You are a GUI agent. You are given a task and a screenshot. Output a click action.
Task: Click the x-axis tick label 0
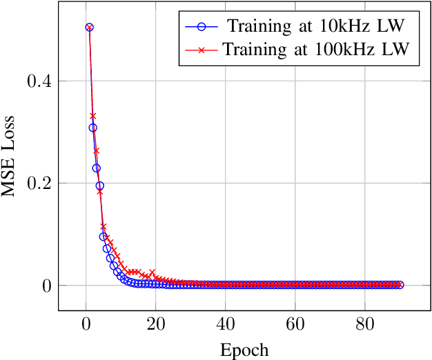click(86, 326)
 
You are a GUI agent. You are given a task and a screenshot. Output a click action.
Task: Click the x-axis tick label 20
click(155, 326)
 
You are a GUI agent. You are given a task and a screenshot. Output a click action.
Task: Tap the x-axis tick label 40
click(225, 326)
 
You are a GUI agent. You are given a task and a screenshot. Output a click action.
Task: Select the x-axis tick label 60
click(295, 326)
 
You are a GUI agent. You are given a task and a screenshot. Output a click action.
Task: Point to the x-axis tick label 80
click(364, 326)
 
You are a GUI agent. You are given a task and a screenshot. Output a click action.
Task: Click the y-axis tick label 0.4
click(38, 81)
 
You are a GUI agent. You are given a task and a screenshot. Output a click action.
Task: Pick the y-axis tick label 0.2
click(38, 183)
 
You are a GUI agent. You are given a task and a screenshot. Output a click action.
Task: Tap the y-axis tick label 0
click(46, 286)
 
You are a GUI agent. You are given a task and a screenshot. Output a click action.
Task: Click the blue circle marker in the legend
click(201, 28)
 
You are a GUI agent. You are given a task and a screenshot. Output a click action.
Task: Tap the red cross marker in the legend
click(201, 49)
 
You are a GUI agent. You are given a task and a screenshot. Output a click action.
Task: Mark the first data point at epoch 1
click(89, 28)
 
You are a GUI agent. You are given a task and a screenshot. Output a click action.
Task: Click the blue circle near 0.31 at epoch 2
click(92, 128)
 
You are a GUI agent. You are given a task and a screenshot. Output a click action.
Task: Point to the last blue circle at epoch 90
click(400, 285)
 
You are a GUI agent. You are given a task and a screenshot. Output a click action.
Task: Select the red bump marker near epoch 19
click(152, 272)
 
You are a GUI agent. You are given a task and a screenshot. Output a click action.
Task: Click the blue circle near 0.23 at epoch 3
click(96, 168)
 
